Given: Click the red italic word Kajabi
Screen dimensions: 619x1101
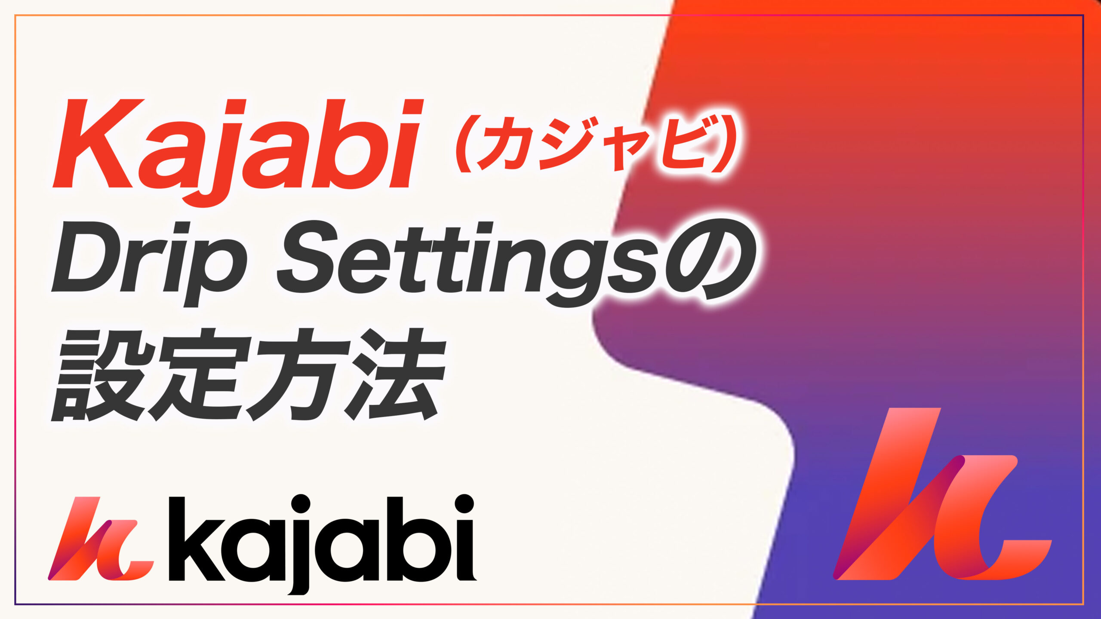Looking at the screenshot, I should [237, 146].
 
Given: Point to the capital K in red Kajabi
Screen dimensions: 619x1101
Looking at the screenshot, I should [97, 144].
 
